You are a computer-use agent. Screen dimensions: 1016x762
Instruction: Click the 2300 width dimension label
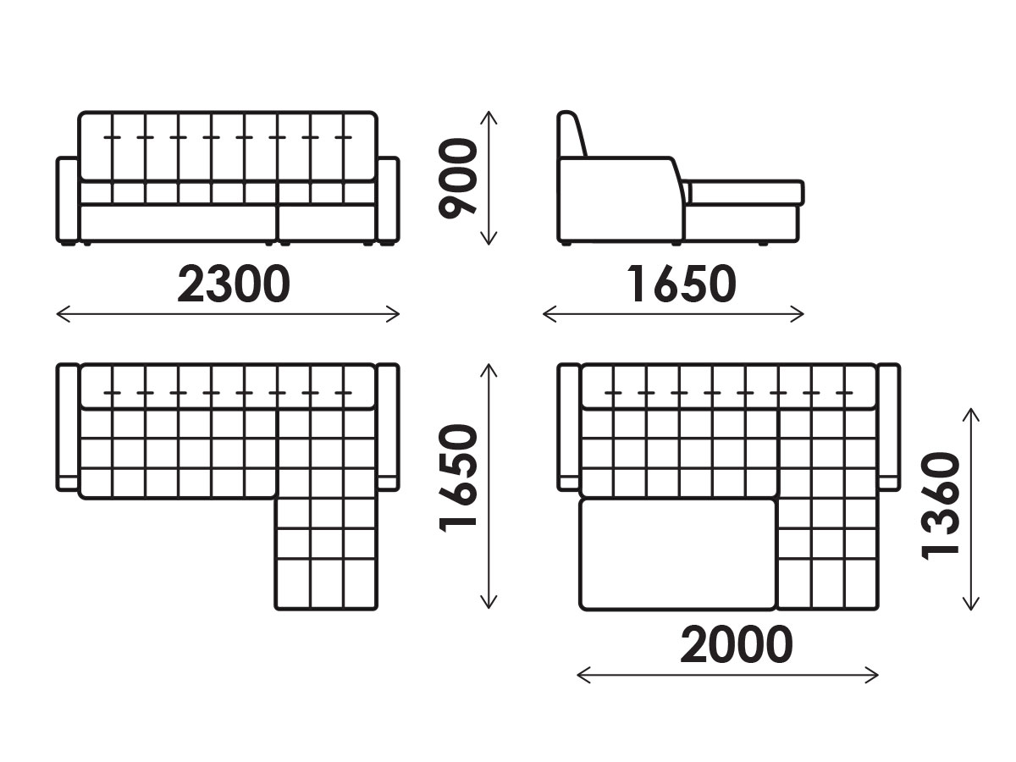pyautogui.click(x=234, y=284)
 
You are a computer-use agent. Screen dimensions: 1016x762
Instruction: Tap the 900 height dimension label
pyautogui.click(x=457, y=178)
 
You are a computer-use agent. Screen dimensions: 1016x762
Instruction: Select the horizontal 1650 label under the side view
pyautogui.click(x=682, y=284)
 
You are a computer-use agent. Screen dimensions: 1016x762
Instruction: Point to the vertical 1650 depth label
pyautogui.click(x=457, y=479)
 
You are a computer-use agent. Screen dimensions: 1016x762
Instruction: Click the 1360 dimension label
pyautogui.click(x=940, y=506)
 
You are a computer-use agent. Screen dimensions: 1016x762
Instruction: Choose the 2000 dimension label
pyautogui.click(x=737, y=644)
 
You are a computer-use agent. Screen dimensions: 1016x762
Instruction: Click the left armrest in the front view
pyautogui.click(x=68, y=200)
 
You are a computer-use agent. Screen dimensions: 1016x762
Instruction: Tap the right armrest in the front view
pyautogui.click(x=388, y=200)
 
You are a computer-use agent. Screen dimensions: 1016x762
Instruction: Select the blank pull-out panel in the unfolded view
pyautogui.click(x=677, y=555)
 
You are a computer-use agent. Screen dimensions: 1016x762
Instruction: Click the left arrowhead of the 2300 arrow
pyautogui.click(x=57, y=314)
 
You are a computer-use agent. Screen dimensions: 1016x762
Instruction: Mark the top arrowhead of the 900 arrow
pyautogui.click(x=489, y=112)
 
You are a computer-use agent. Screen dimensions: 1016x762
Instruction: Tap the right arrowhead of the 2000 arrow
pyautogui.click(x=877, y=675)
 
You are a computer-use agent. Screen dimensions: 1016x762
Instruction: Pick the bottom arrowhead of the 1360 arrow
pyautogui.click(x=970, y=609)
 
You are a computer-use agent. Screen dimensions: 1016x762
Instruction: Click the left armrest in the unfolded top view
pyautogui.click(x=569, y=427)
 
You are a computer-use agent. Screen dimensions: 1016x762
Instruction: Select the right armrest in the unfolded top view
pyautogui.click(x=889, y=427)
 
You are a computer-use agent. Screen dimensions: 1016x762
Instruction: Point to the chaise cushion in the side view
pyautogui.click(x=744, y=192)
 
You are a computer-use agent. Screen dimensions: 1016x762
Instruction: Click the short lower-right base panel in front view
pyautogui.click(x=327, y=224)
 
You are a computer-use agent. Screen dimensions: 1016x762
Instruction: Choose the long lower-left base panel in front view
pyautogui.click(x=178, y=224)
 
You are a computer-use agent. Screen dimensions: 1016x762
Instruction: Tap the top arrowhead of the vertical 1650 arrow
pyautogui.click(x=489, y=365)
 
